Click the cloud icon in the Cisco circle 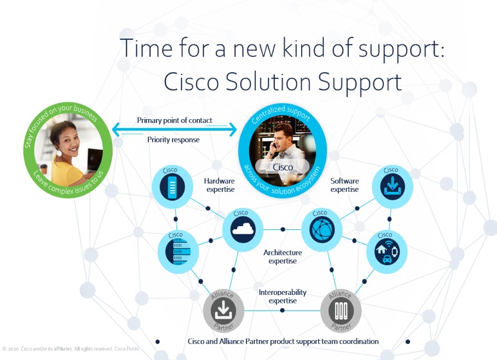(243, 229)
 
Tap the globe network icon (322, 229)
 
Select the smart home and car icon (387, 252)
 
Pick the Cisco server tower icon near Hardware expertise (173, 187)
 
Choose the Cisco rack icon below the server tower (178, 252)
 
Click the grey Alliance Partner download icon (223, 310)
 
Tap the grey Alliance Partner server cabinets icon (341, 310)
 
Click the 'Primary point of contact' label (174, 120)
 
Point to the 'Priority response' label (173, 140)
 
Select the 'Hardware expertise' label (220, 185)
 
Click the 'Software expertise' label (344, 185)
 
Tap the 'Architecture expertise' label (283, 256)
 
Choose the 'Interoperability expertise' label (283, 296)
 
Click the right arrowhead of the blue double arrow (233, 129)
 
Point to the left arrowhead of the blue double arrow (116, 129)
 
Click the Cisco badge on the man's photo (283, 167)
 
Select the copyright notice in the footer (71, 349)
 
